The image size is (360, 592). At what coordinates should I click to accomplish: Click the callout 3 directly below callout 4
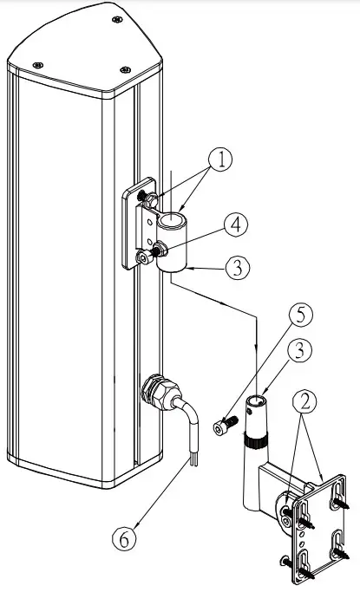[240, 268]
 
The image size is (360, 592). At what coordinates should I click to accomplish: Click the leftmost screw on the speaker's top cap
[36, 66]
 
